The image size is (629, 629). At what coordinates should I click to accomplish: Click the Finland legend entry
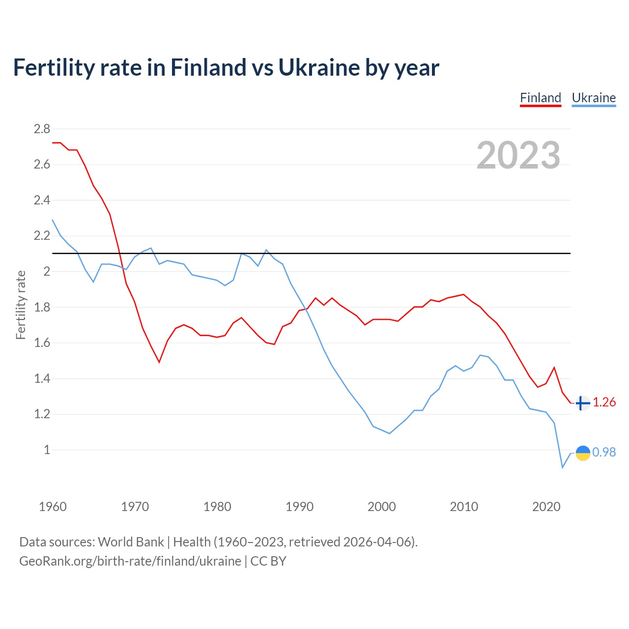pyautogui.click(x=541, y=98)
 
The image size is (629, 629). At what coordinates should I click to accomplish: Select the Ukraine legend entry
pyautogui.click(x=594, y=98)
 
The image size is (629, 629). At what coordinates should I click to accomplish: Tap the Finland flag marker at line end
pyautogui.click(x=582, y=403)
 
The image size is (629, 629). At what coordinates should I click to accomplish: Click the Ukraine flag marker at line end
pyautogui.click(x=583, y=453)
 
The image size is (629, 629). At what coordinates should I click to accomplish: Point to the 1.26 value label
pyautogui.click(x=604, y=402)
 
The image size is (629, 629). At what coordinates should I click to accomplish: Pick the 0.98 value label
pyautogui.click(x=604, y=452)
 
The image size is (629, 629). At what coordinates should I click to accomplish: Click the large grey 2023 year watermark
pyautogui.click(x=518, y=155)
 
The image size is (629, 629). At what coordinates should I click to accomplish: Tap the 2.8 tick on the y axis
pyautogui.click(x=42, y=129)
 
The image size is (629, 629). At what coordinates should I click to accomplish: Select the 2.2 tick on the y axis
pyautogui.click(x=42, y=236)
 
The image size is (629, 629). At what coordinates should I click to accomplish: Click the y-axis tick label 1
pyautogui.click(x=47, y=450)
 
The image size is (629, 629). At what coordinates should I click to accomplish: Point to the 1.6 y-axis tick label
pyautogui.click(x=42, y=343)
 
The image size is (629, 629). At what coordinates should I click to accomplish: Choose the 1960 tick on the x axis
pyautogui.click(x=53, y=507)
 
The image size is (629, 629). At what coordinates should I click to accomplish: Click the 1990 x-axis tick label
pyautogui.click(x=299, y=507)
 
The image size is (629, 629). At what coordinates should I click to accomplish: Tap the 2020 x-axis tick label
pyautogui.click(x=546, y=507)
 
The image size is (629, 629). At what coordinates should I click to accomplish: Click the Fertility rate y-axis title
pyautogui.click(x=21, y=305)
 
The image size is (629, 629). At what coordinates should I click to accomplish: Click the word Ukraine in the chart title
pyautogui.click(x=318, y=68)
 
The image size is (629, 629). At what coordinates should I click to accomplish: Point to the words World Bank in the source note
pyautogui.click(x=131, y=542)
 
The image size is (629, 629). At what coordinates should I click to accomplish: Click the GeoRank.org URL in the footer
pyautogui.click(x=130, y=561)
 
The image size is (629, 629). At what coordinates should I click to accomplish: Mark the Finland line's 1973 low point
pyautogui.click(x=159, y=362)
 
